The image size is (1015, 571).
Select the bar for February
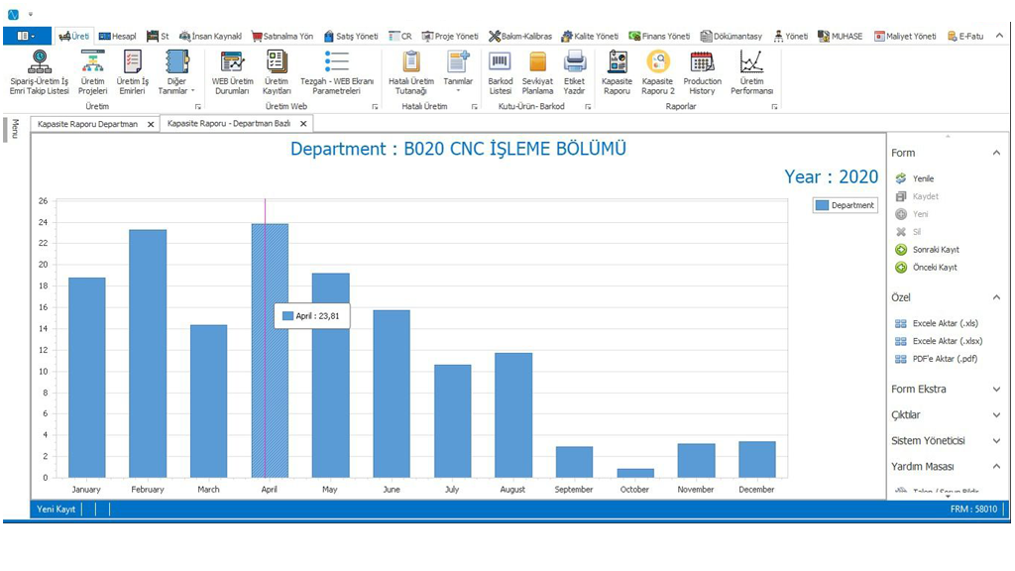pos(148,353)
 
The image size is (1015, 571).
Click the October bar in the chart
pos(635,473)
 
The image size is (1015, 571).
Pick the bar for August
pos(513,414)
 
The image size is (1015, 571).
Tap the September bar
pos(574,462)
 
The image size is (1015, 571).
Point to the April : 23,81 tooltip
pos(312,316)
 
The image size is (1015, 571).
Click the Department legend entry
pos(845,205)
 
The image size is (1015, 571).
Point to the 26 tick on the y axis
pos(43,200)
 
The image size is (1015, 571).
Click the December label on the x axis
pos(756,490)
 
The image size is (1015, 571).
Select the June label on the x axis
pos(391,490)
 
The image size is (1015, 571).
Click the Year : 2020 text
pos(831,176)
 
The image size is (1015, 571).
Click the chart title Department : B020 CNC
pos(458,149)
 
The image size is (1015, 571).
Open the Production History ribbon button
pos(702,73)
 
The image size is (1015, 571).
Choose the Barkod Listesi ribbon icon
pos(501,73)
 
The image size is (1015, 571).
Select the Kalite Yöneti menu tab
pos(590,36)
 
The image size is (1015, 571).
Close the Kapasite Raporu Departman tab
pos(151,124)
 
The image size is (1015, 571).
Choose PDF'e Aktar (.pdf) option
pos(945,359)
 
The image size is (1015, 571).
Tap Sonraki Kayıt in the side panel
pos(935,250)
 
